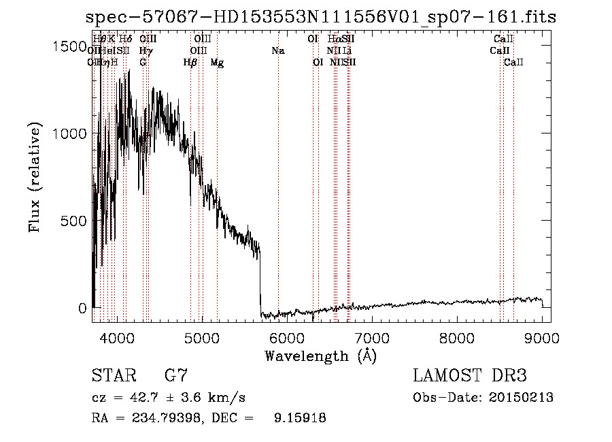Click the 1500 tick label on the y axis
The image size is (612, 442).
[70, 46]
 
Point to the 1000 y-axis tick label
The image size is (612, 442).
[70, 133]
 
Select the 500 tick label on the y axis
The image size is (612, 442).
[75, 221]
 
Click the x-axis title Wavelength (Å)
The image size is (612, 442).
[320, 356]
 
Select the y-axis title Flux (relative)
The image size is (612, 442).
[35, 177]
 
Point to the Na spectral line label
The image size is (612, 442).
[277, 50]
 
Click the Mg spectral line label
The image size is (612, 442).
[217, 63]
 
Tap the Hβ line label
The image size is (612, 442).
[190, 63]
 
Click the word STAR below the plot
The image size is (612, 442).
[113, 376]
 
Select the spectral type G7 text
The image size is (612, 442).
[175, 376]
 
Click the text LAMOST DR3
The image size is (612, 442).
[470, 376]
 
